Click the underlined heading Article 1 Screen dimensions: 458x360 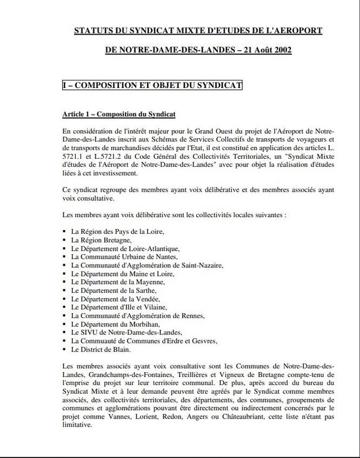pos(119,114)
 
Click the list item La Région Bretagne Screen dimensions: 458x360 pos(101,240)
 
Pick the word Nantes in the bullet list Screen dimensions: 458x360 pos(164,257)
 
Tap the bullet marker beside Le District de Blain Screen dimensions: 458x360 pos(65,349)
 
